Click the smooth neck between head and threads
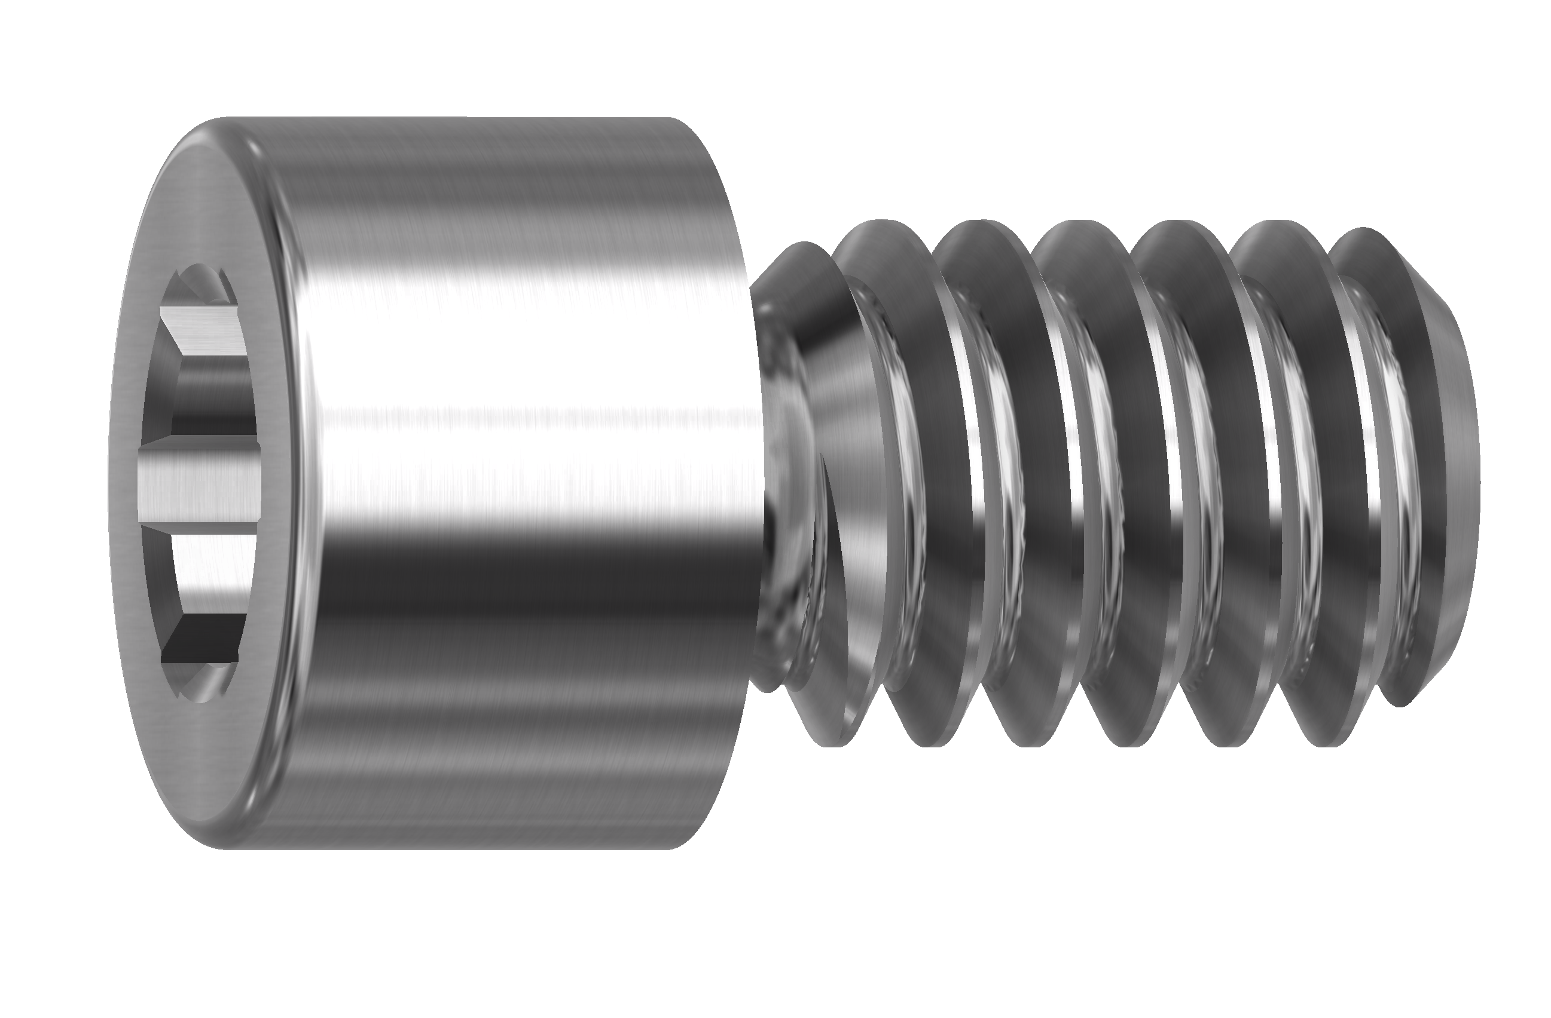tap(782, 482)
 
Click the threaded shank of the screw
tap(1108, 482)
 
